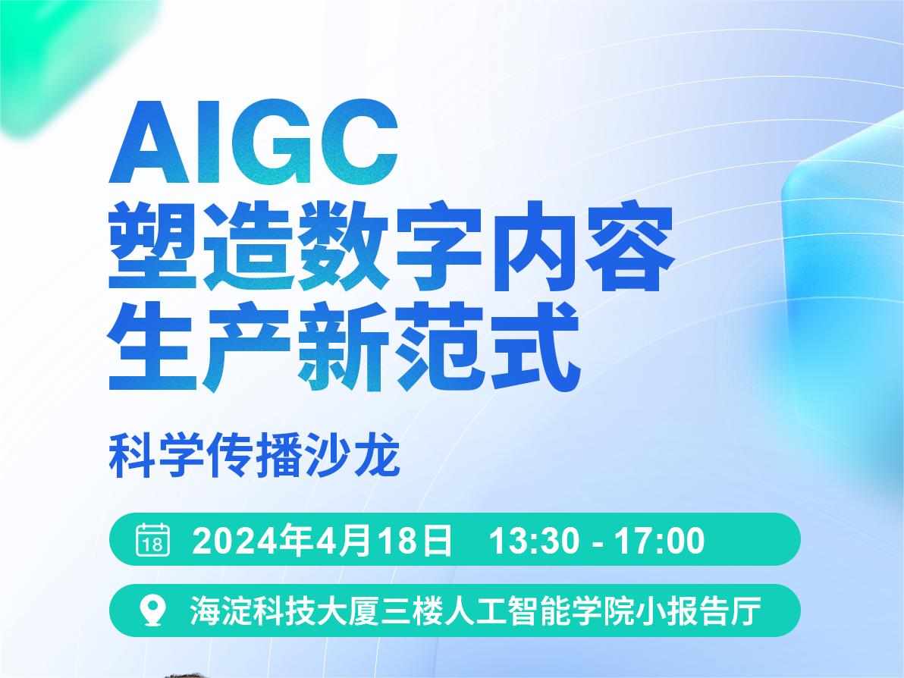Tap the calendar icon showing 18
tap(152, 540)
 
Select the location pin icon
tap(153, 611)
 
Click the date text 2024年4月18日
tap(322, 541)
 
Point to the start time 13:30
tap(535, 541)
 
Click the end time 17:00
tap(660, 541)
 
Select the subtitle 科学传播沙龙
tap(254, 455)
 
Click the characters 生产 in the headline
tap(199, 347)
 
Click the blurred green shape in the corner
tap(69, 58)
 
